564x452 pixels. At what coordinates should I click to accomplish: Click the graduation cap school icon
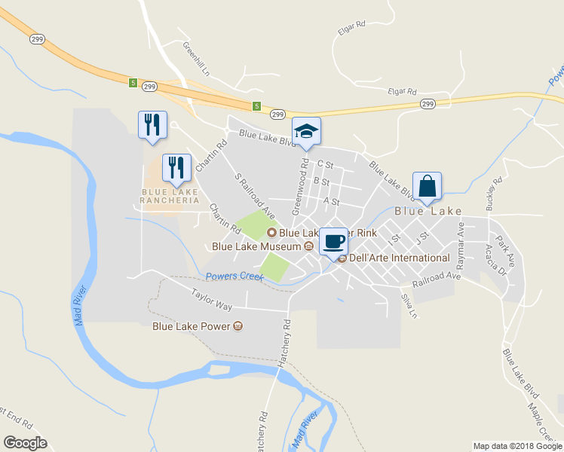coord(306,131)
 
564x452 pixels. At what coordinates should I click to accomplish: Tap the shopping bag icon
coord(427,186)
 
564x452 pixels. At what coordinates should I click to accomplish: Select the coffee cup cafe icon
coord(334,242)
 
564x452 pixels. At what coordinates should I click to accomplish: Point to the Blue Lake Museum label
coord(257,246)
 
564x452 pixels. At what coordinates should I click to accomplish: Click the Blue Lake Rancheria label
coord(170,197)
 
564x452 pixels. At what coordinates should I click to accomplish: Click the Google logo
coord(26,442)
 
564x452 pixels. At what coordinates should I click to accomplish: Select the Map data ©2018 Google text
coord(516,446)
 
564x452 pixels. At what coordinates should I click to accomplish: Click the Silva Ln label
coord(409,305)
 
